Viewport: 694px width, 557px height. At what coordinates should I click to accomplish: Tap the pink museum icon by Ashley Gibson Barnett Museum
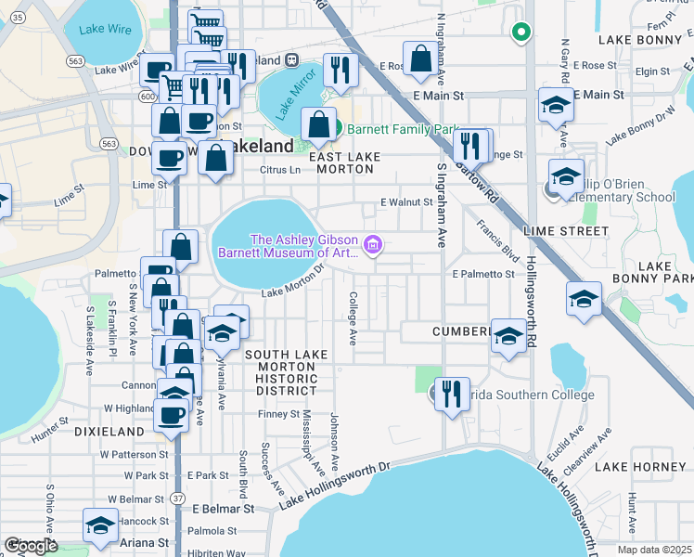(373, 245)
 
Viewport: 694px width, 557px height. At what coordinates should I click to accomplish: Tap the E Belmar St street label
(223, 509)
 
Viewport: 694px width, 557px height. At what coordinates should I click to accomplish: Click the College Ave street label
(353, 318)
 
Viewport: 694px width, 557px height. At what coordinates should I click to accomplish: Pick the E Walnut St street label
(406, 202)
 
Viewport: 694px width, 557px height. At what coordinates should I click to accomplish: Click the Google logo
(31, 546)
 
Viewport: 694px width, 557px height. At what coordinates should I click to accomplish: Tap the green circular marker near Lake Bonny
(521, 32)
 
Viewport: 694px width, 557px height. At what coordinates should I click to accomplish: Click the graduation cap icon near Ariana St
(100, 525)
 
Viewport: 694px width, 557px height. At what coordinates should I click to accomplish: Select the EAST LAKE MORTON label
(345, 163)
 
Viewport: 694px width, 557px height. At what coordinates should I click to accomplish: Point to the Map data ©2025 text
(655, 550)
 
